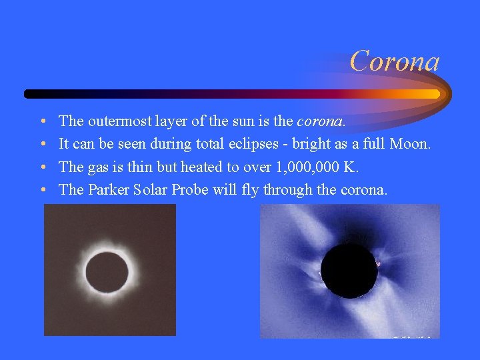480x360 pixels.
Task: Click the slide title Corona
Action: (x=395, y=61)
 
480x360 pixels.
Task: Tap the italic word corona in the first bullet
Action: (x=321, y=121)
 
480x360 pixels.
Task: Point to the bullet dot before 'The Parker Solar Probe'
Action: (x=42, y=190)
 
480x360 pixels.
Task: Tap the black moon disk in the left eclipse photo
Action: (x=107, y=272)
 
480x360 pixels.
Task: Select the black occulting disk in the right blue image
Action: (x=349, y=270)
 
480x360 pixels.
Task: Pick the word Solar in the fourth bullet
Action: (x=150, y=189)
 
